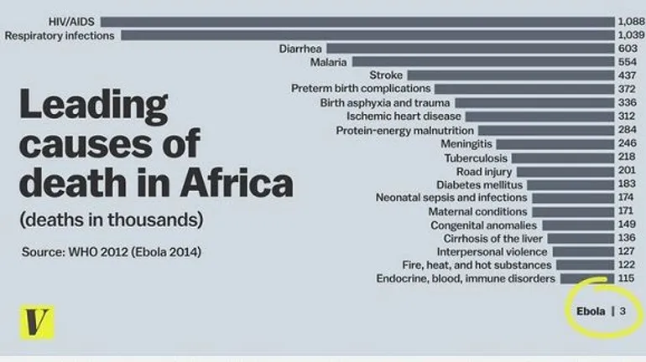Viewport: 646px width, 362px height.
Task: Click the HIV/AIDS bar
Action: click(357, 21)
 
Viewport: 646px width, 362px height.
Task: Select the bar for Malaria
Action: click(482, 62)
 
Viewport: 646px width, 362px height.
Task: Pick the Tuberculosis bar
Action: click(562, 158)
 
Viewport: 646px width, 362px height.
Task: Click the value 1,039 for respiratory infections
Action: click(629, 35)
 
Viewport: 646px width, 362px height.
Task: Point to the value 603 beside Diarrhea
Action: click(628, 49)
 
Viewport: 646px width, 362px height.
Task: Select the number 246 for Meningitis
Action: click(628, 144)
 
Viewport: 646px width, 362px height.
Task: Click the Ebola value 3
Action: click(623, 311)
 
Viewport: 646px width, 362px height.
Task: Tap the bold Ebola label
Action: click(591, 311)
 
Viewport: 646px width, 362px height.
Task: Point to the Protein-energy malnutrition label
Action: click(405, 131)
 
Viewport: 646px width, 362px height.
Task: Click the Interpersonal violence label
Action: click(492, 252)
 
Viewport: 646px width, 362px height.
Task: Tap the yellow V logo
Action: click(37, 322)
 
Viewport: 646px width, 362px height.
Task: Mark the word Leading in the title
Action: click(92, 107)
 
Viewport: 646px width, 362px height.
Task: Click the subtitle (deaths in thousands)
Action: click(112, 220)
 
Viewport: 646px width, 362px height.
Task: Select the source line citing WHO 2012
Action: click(112, 252)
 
